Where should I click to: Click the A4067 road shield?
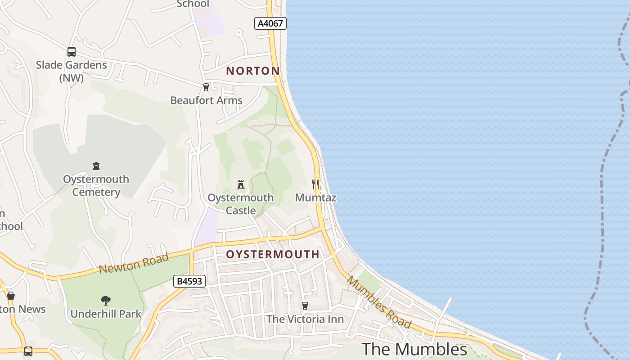tap(270, 23)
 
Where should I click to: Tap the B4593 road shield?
tap(189, 282)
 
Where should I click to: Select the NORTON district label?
tap(253, 71)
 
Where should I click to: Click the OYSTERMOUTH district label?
tap(273, 254)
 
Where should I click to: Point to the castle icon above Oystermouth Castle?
tap(241, 184)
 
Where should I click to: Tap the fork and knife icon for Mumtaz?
tap(315, 184)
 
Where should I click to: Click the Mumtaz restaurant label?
tap(315, 198)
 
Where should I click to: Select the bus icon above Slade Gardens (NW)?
tap(72, 52)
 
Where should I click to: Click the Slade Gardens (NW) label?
tap(72, 71)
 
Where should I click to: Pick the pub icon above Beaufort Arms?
tap(206, 87)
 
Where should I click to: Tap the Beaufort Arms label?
tap(206, 100)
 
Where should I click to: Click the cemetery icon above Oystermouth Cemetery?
tap(96, 166)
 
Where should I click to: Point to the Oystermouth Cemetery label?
tap(96, 185)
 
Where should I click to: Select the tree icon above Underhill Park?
tap(106, 300)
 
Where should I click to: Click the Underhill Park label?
tap(106, 314)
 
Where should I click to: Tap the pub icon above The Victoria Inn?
tap(305, 306)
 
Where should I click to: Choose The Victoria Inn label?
tap(305, 319)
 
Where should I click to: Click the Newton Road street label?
tap(134, 263)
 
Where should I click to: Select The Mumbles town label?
tap(414, 349)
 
